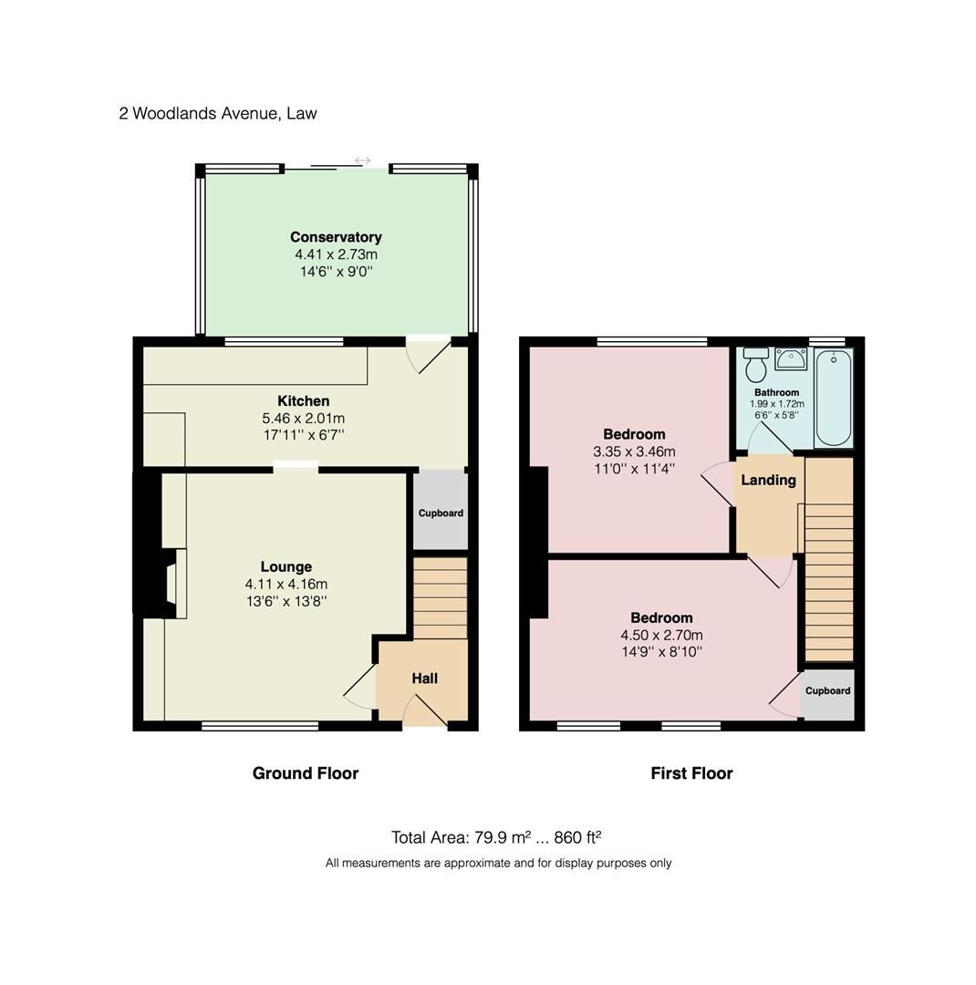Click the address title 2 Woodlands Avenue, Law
pos(218,114)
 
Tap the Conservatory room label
pos(336,237)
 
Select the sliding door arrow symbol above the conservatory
pos(362,161)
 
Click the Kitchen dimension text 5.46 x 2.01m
pos(303,419)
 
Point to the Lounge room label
pos(286,566)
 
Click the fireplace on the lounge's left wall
pos(171,584)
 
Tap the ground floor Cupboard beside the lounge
pos(440,513)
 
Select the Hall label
pos(424,679)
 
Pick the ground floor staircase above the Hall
pos(440,597)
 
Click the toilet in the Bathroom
pos(755,366)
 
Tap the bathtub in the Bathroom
pos(833,397)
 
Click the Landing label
pos(768,481)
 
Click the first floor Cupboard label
pos(827,691)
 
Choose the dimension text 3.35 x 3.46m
pos(633,451)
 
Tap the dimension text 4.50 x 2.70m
pos(661,635)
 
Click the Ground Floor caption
pos(305,773)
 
